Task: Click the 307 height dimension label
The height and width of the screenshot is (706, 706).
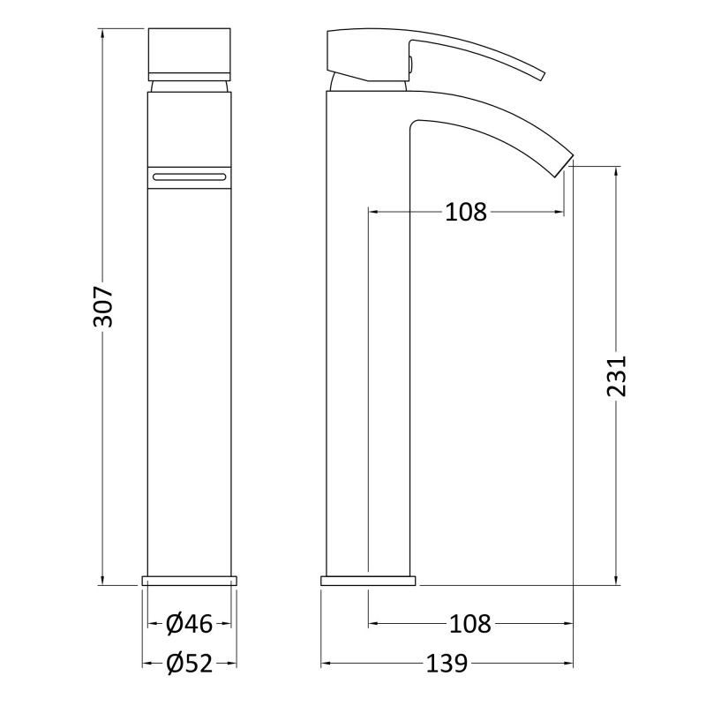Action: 103,306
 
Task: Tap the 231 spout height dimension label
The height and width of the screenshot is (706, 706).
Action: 616,376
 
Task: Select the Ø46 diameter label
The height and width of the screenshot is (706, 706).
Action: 189,624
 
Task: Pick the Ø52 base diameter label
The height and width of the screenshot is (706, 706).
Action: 189,664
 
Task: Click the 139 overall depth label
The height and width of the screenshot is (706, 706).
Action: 447,664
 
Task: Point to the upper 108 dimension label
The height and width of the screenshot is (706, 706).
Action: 466,212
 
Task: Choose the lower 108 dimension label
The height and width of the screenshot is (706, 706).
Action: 470,624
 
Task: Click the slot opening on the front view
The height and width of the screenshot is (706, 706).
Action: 189,176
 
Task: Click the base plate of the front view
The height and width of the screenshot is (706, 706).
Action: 190,581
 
